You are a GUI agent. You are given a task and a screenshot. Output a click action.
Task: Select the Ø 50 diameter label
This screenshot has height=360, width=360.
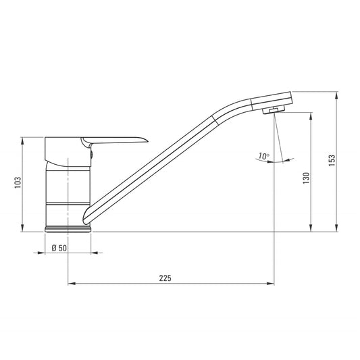(59, 248)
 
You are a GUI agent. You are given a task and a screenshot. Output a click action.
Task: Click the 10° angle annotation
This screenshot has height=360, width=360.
(263, 157)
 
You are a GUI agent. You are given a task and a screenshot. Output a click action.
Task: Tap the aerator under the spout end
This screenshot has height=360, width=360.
(274, 110)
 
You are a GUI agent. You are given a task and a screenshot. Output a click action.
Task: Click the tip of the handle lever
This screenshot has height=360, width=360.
(144, 139)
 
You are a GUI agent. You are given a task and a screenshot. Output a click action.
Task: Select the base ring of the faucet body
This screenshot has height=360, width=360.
(68, 228)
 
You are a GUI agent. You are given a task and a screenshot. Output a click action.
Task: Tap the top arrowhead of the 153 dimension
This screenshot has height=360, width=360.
(337, 93)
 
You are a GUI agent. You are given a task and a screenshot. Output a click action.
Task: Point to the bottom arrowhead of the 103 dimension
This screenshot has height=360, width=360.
(24, 229)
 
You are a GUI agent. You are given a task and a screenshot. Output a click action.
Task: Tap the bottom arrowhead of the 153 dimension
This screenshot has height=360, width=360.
(337, 229)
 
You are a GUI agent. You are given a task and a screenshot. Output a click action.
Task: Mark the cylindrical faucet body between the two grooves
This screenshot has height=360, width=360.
(68, 186)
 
